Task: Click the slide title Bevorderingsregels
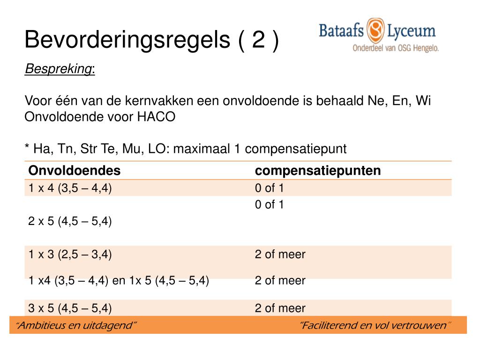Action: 127,40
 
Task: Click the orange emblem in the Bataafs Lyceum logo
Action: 375,30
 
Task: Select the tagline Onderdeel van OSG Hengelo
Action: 396,48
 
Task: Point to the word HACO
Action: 156,117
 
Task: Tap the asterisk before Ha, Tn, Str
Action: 27,146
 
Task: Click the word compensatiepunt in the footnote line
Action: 296,149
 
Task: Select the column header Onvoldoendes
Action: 75,171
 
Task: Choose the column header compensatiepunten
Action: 318,171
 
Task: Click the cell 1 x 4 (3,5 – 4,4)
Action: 70,188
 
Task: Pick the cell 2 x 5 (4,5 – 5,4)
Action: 70,221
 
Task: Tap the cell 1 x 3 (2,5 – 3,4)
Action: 70,255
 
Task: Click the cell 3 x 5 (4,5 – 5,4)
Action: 70,308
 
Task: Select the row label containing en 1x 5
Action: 119,280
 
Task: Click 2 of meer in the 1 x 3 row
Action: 280,255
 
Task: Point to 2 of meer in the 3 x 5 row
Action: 280,308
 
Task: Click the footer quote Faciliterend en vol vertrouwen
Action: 375,325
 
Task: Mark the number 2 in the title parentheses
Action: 258,39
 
